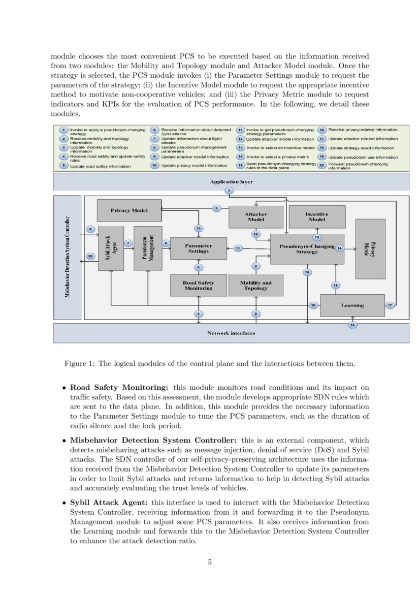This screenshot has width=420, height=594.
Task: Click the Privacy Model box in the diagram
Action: point(129,210)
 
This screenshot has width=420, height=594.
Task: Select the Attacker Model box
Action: point(255,217)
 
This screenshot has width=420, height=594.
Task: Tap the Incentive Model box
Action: point(316,217)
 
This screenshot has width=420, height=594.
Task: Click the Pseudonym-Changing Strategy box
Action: point(307,249)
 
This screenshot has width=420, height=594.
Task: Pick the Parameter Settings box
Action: point(198,248)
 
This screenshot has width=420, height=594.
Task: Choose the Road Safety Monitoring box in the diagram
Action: point(198,285)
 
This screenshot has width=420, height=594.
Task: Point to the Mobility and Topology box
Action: point(255,285)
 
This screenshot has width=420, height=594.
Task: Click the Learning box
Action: point(352,305)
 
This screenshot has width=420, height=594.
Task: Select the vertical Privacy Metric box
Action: point(370,249)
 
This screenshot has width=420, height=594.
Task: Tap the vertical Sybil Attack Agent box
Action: point(111,248)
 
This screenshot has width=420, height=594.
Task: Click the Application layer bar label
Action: point(231,181)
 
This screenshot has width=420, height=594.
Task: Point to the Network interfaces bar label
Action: point(231,333)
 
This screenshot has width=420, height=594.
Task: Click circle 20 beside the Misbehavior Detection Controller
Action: point(90,256)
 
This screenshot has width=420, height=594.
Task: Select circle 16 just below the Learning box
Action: point(352,324)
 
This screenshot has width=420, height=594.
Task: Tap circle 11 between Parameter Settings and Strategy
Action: point(238,248)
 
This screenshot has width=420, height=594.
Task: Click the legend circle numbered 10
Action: point(154,165)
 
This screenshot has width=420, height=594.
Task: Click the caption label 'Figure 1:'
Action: point(80,364)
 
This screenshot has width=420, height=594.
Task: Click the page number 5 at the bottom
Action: point(210,561)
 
